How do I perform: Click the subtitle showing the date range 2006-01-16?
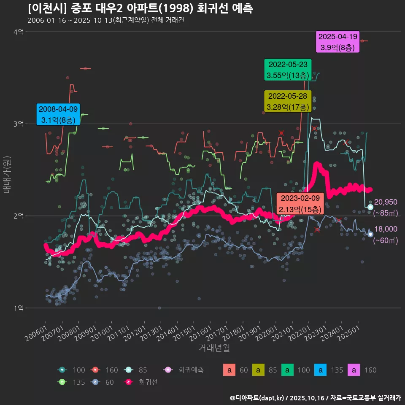coord(105,20)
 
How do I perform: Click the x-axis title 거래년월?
coord(214,348)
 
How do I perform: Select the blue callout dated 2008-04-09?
coord(58,114)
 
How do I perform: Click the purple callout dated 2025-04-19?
coord(338,42)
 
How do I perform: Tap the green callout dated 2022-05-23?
coord(288,70)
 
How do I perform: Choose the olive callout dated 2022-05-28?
coord(288,101)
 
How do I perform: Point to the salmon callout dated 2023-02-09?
coord(300,204)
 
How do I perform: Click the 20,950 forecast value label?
coord(386,202)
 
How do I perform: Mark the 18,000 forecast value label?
coord(386,229)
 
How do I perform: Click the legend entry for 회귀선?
coord(143,382)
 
